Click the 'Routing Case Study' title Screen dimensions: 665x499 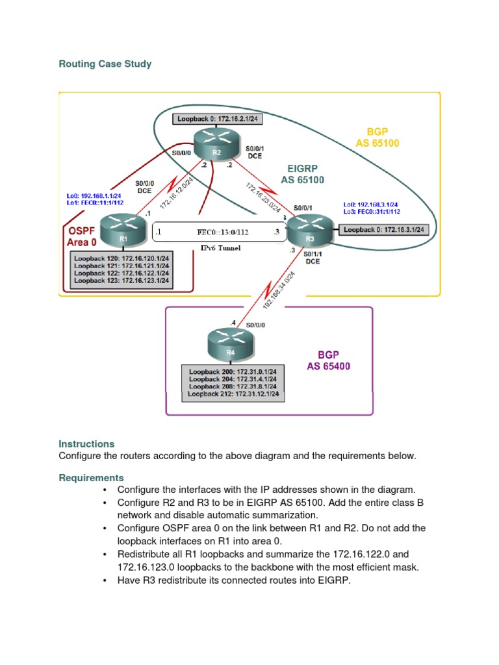[105, 64]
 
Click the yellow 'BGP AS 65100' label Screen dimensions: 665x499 [377, 137]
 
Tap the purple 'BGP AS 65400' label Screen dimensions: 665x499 [328, 360]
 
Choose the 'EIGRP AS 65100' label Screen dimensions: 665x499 [301, 174]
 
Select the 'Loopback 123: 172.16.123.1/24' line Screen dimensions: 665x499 [122, 281]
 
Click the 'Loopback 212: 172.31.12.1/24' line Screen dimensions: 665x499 [233, 394]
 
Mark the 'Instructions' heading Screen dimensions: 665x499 [86, 444]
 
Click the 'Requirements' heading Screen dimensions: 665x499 [91, 478]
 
